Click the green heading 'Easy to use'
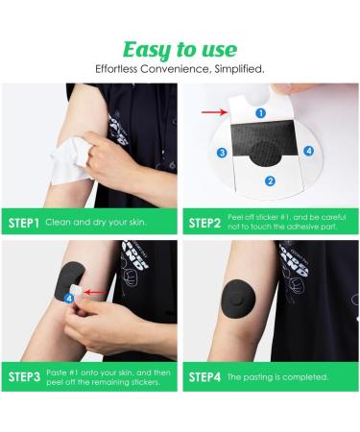pos(180,51)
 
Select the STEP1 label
pos(24,223)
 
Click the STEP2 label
pos(204,223)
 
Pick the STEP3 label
pos(24,376)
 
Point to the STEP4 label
pos(204,377)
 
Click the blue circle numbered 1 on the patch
pos(261,113)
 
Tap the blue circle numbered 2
pos(270,181)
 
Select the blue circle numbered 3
pos(222,153)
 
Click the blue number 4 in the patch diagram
pos(308,151)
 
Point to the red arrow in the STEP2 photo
pos(214,112)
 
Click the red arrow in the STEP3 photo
pos(96,292)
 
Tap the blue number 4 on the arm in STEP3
pos(69,299)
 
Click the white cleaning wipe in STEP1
pos(71,160)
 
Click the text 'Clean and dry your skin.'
pos(96,223)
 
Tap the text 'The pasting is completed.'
pos(277,377)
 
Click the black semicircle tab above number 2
pos(265,155)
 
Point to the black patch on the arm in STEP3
pos(70,281)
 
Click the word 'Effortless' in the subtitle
pos(116,69)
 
